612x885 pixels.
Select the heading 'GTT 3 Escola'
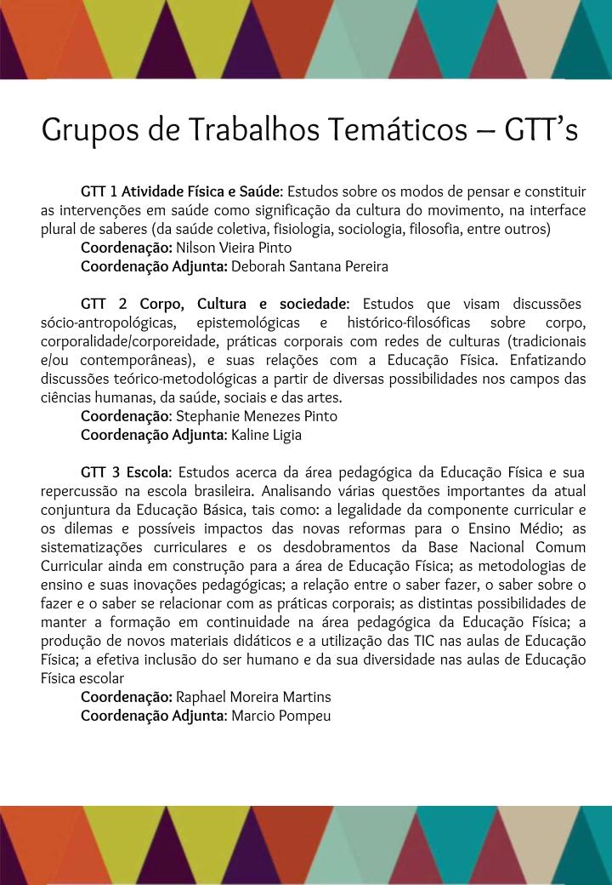pyautogui.click(x=126, y=472)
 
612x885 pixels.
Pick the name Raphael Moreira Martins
pyautogui.click(x=253, y=697)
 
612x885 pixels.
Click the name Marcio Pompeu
pyautogui.click(x=280, y=716)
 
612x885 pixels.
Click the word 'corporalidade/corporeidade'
pyautogui.click(x=129, y=341)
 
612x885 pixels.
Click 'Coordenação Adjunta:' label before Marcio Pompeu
pyautogui.click(x=154, y=716)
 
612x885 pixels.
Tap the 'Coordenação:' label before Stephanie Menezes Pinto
pyautogui.click(x=127, y=416)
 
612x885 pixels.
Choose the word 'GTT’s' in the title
pyautogui.click(x=541, y=130)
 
